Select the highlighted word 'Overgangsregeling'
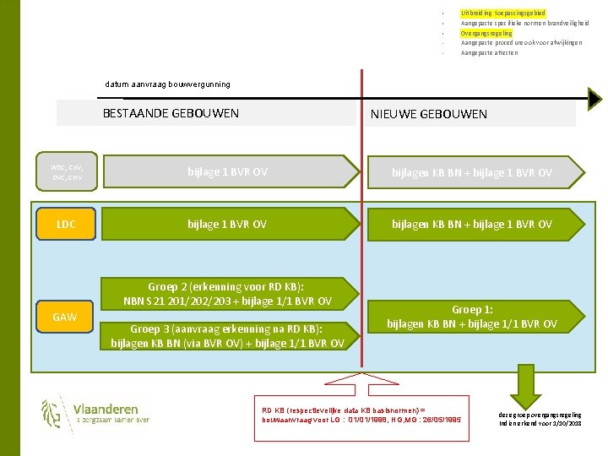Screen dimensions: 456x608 (486, 33)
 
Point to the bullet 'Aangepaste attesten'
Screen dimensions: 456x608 (489, 52)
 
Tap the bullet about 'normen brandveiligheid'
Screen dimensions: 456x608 (520, 23)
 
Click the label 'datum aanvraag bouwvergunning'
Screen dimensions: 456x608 (167, 84)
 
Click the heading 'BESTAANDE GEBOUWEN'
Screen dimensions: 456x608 (171, 113)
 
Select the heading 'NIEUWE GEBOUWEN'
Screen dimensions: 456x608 (428, 114)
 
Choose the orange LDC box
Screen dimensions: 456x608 (67, 224)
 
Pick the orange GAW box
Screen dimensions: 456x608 (65, 318)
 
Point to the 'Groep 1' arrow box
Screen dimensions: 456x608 (471, 317)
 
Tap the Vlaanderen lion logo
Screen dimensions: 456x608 (52, 413)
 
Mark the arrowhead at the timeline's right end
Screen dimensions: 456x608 (593, 99)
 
